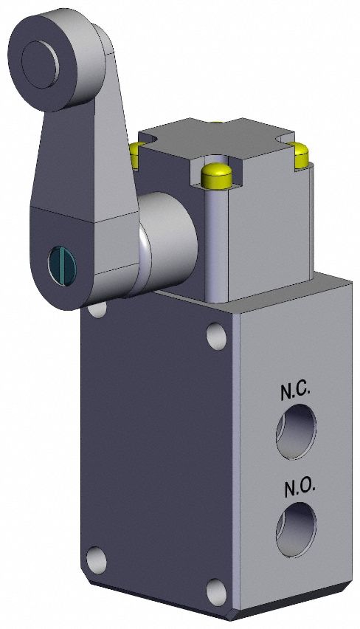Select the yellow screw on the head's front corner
pos(215,174)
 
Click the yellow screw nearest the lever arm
pos(135,153)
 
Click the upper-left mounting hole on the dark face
pos(97,308)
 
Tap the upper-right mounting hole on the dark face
pos(216,337)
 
